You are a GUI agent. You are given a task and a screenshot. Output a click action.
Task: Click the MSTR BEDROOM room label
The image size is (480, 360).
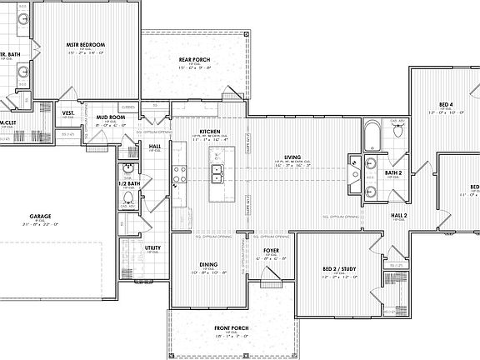click(x=86, y=44)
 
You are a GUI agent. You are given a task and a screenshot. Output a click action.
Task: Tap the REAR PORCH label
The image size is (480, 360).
click(x=195, y=59)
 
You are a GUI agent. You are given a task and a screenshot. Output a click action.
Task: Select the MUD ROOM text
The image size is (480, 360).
click(x=110, y=117)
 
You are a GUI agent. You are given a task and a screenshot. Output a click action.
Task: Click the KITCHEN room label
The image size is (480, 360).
click(x=209, y=132)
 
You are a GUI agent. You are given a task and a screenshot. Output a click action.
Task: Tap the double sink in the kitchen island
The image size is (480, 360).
click(x=217, y=174)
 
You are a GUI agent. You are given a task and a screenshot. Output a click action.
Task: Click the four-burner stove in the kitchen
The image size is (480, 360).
click(x=178, y=174)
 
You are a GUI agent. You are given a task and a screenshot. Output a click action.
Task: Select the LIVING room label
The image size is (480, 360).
click(x=292, y=157)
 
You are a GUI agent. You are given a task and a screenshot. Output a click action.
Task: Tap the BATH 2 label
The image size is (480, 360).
click(x=394, y=172)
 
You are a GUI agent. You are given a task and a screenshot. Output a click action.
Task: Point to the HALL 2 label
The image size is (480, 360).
click(x=399, y=215)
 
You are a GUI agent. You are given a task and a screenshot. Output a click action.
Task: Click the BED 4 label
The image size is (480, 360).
click(x=446, y=105)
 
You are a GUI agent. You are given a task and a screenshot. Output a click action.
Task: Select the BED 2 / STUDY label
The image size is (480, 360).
click(x=339, y=269)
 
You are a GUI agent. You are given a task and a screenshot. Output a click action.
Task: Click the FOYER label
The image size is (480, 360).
click(x=271, y=250)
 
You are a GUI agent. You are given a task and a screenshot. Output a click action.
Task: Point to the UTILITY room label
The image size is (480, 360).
click(x=152, y=247)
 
